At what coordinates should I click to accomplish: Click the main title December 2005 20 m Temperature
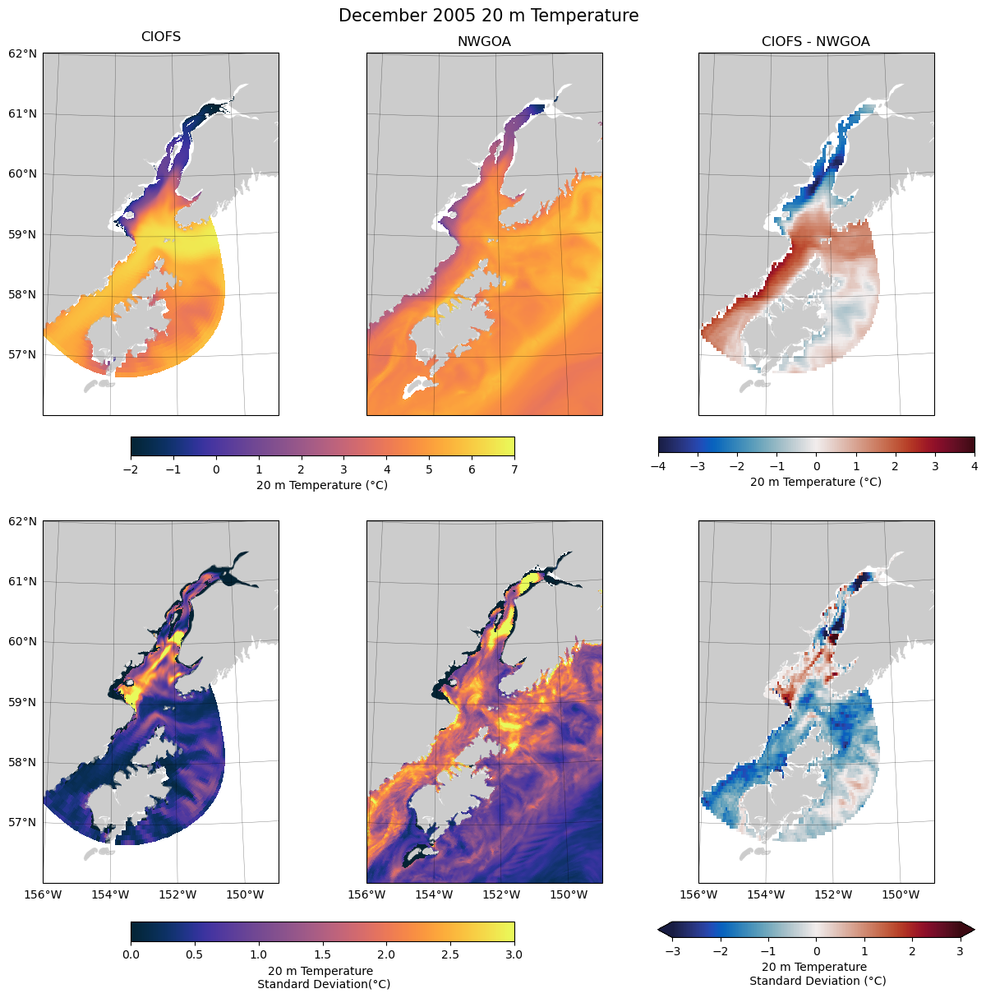point(488,16)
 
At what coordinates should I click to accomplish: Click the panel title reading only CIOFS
point(161,37)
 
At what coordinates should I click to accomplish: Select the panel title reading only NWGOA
point(484,42)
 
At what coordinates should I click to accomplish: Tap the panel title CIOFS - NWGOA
point(815,42)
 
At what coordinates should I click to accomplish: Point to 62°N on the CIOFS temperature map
point(23,53)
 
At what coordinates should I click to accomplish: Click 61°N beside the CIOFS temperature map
point(23,113)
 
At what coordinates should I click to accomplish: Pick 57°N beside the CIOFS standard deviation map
point(23,822)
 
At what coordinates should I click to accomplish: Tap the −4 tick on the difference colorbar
point(657,466)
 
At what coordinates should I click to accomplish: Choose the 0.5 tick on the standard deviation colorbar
point(194,954)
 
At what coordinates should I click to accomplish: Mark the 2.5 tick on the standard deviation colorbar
point(450,954)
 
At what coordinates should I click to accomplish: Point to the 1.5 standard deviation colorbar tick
point(322,954)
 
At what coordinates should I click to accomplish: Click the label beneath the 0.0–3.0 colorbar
point(323,977)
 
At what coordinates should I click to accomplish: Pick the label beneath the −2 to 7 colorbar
point(322,485)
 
